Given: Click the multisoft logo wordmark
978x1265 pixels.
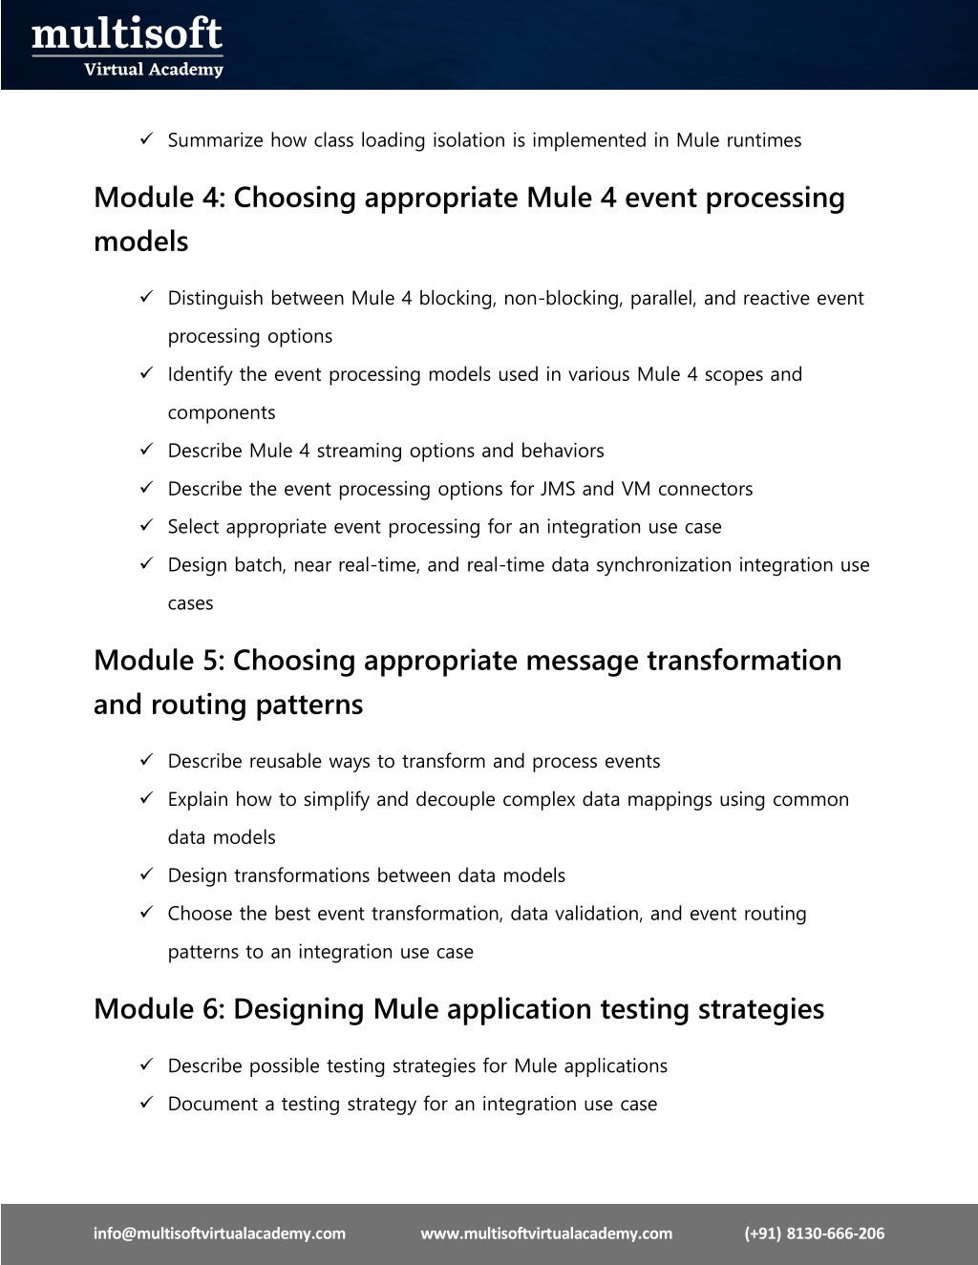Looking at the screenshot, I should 127,36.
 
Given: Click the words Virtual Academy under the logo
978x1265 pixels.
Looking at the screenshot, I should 154,69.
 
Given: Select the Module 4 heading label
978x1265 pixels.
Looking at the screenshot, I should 157,199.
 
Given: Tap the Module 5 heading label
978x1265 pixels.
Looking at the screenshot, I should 157,661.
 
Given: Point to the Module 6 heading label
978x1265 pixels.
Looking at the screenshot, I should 157,1009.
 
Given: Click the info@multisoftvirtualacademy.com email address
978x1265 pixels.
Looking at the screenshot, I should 220,1233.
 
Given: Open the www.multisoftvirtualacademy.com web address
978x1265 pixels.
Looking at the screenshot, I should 546,1233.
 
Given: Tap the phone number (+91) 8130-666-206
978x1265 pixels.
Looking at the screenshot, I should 815,1233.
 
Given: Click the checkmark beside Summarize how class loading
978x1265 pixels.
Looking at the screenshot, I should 147,140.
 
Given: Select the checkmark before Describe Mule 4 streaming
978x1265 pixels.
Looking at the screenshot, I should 147,451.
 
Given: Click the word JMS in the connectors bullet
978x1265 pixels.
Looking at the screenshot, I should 558,489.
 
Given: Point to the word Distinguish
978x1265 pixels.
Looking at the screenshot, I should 216,298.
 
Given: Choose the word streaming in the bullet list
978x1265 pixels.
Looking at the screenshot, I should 359,451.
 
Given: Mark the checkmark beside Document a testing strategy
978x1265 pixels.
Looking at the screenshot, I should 147,1104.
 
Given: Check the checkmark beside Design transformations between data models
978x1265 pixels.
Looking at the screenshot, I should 147,875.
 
